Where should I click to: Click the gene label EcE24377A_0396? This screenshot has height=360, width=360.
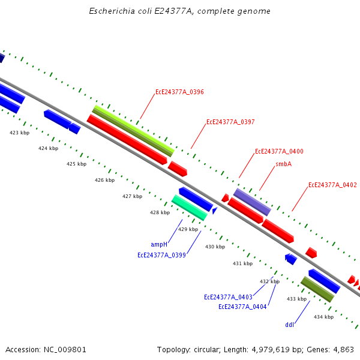click(x=179, y=92)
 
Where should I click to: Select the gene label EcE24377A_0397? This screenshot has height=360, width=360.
click(x=230, y=122)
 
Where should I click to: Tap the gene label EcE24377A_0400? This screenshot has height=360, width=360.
click(x=279, y=151)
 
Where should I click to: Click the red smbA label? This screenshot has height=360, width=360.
click(x=284, y=164)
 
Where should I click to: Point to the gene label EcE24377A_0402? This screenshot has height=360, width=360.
click(x=332, y=185)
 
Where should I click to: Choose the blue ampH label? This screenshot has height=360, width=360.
click(x=159, y=244)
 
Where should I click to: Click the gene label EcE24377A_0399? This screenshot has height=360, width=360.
click(x=161, y=255)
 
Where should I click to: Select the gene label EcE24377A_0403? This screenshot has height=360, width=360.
click(x=228, y=297)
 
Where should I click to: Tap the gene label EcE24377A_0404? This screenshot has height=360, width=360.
click(x=242, y=307)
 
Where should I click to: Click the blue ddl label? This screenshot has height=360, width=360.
click(x=290, y=325)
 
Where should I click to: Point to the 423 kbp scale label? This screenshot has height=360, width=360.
click(x=19, y=133)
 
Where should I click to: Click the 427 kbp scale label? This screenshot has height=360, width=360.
click(x=132, y=196)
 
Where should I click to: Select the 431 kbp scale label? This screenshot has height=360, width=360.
click(x=242, y=263)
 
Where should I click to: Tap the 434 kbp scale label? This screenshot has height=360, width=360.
click(x=323, y=317)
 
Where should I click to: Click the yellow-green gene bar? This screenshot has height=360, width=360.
click(x=133, y=130)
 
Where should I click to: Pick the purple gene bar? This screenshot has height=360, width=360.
click(x=252, y=201)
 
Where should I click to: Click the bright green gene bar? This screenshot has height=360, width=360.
click(x=189, y=207)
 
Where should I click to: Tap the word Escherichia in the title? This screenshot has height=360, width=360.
click(x=108, y=11)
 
